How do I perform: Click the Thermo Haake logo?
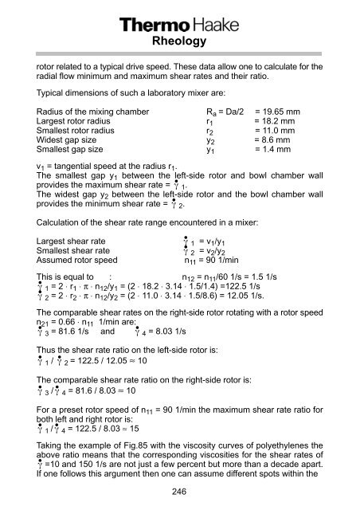(179, 27)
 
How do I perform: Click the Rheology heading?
(179, 45)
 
